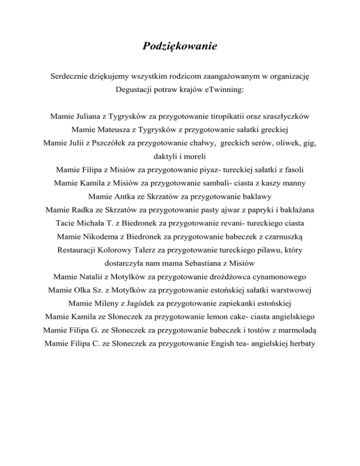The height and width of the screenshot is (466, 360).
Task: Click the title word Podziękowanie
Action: click(x=180, y=47)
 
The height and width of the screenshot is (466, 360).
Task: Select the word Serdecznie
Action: click(x=71, y=75)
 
